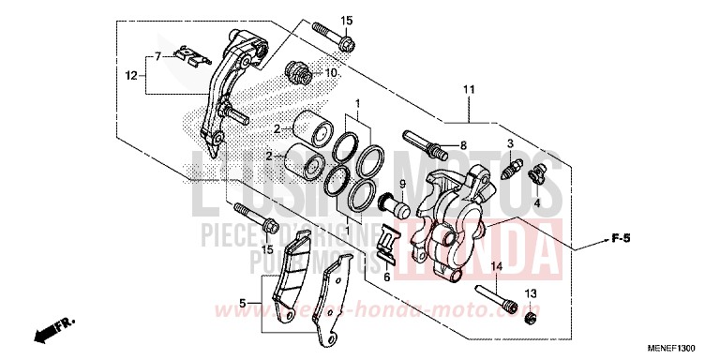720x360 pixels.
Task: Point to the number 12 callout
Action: (x=132, y=73)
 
